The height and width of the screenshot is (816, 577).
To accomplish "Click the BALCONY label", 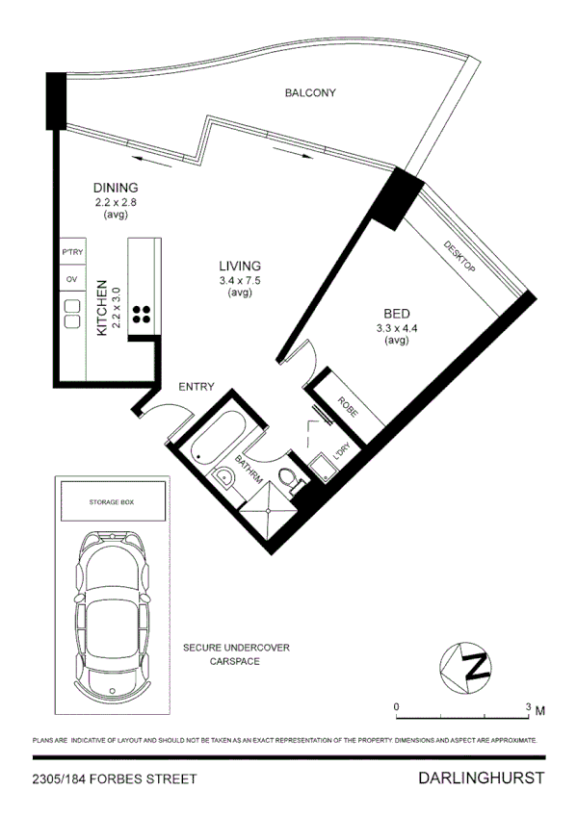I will click(x=309, y=93).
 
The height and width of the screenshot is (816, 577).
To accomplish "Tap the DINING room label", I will click(x=116, y=188).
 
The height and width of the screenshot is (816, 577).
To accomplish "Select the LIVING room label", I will click(x=240, y=267).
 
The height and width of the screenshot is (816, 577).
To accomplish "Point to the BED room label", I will click(x=395, y=315).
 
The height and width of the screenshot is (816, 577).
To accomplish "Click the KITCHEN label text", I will click(x=100, y=308).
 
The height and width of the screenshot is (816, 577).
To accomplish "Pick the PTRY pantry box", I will click(x=72, y=252).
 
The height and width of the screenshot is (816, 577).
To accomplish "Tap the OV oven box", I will click(x=71, y=279).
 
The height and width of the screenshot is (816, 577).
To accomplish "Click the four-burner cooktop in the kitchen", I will click(x=141, y=313).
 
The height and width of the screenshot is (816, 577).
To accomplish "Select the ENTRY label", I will click(x=196, y=387).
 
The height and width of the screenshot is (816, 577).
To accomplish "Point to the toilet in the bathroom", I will click(x=287, y=478).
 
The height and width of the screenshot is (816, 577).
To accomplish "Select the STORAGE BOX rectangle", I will click(x=112, y=502).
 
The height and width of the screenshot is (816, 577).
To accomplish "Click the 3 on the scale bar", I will click(x=527, y=707).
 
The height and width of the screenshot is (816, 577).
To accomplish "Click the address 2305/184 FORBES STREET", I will click(x=114, y=778).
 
